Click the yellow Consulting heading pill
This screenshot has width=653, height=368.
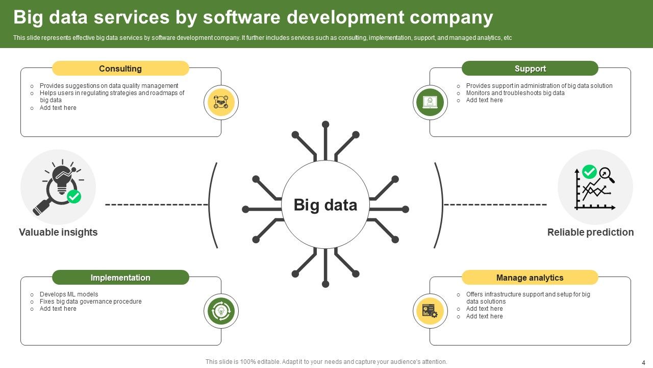click(120, 68)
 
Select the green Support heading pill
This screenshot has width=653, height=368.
click(530, 68)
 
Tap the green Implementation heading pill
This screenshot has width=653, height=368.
click(120, 278)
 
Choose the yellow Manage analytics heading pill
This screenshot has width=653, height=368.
click(530, 278)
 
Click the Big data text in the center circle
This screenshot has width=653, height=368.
click(325, 205)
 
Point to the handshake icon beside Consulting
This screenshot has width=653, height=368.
click(221, 103)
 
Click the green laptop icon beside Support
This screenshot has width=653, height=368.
click(430, 103)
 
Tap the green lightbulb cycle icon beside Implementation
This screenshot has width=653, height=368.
click(221, 311)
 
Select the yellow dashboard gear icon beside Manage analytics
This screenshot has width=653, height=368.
click(430, 311)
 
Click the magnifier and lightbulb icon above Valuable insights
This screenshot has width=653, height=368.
click(58, 187)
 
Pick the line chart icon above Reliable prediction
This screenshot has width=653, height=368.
click(595, 187)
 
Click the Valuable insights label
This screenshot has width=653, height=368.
click(58, 233)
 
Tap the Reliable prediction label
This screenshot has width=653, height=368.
click(590, 233)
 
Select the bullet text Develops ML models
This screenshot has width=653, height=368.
click(69, 294)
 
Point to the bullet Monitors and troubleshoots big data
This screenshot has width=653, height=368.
click(515, 93)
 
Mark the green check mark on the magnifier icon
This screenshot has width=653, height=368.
click(74, 196)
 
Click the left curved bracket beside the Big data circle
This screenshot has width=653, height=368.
click(212, 205)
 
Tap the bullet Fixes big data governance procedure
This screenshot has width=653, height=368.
click(90, 302)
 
